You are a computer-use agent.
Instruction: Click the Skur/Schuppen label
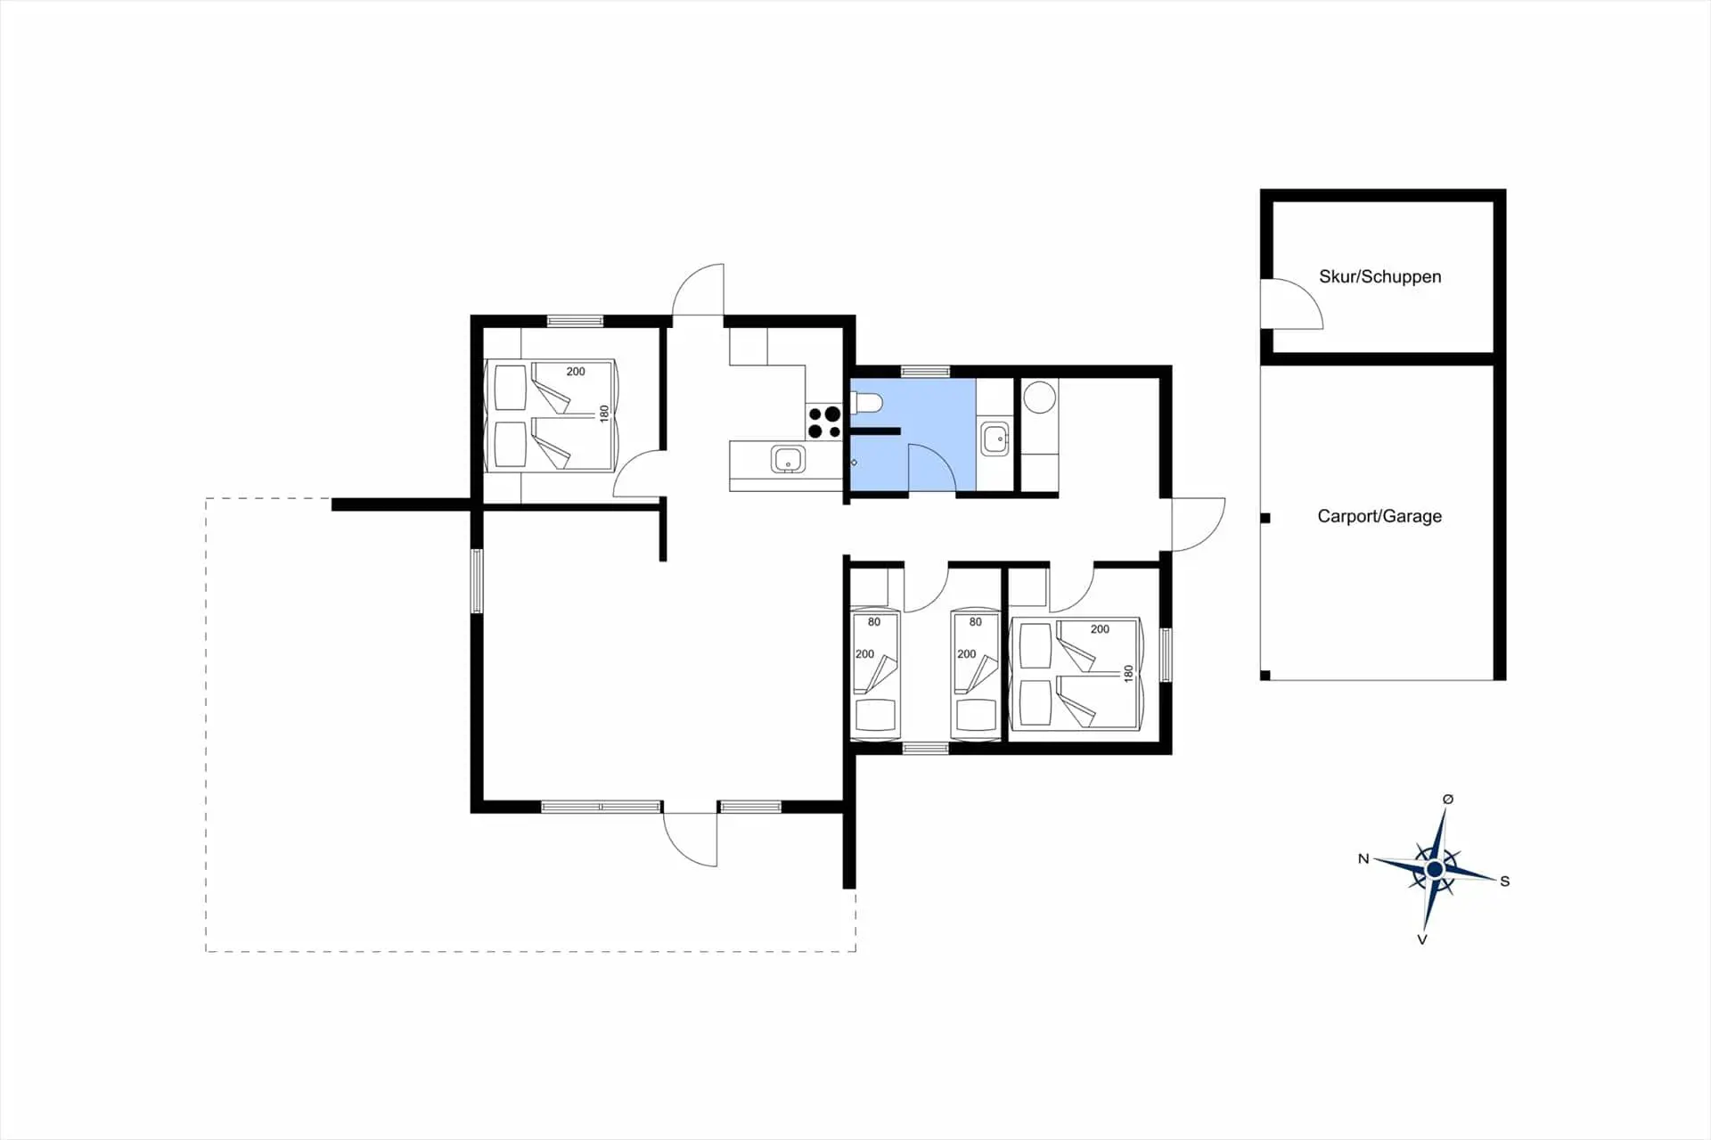1379,276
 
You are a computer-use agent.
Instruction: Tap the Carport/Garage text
1379,516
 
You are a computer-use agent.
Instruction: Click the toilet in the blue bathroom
865,404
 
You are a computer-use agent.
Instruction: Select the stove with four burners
824,422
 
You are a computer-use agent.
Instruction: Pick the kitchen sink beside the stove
788,460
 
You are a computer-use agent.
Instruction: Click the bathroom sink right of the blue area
995,439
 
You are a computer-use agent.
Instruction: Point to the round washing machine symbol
1039,397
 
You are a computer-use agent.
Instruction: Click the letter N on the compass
1363,859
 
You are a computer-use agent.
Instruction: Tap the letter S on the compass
1505,882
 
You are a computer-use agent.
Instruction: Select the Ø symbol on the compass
1448,800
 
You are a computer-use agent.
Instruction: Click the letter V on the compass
1422,939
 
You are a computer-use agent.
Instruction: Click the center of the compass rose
1435,869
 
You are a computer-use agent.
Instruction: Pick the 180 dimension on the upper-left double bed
604,414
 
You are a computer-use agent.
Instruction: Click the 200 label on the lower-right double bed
1100,629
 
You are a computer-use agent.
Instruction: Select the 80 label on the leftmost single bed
874,622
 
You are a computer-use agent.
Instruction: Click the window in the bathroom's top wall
925,371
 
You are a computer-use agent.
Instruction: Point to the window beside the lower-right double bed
1166,655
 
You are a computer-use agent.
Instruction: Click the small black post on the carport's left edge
1265,518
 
